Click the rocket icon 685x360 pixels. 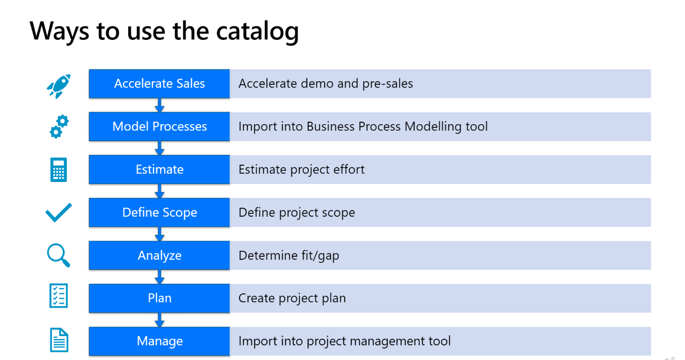pos(59,86)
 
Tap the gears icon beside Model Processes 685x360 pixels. pos(59,127)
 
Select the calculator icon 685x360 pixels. pos(58,170)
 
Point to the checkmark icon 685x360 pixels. pos(58,212)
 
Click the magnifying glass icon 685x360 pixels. pos(58,255)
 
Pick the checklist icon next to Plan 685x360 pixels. pos(58,296)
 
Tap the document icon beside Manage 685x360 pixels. pos(59,340)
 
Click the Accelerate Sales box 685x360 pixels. pos(159,84)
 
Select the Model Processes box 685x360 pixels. pos(159,127)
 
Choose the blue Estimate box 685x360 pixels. pos(159,170)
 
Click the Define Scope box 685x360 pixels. pos(159,212)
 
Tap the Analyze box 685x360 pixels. pos(159,255)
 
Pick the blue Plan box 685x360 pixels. pos(159,298)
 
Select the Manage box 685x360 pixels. pos(159,342)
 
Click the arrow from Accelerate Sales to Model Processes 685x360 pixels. pos(159,105)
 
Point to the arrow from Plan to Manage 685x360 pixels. pos(159,320)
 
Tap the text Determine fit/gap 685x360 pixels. pos(289,255)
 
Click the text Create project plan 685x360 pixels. pos(292,298)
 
